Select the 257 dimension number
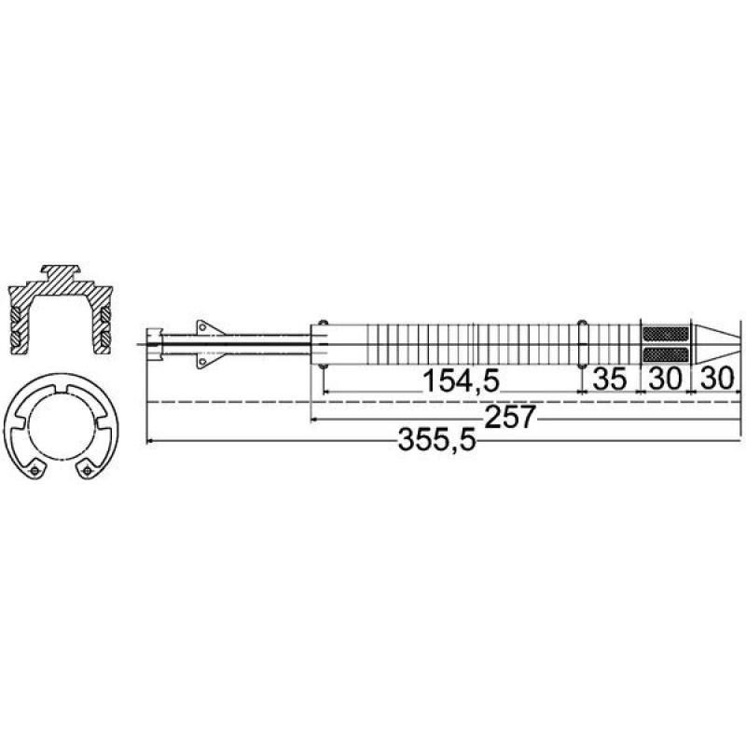click(509, 417)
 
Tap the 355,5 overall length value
click(436, 439)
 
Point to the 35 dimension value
click(611, 380)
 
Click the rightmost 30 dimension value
click(718, 380)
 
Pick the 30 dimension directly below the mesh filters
click(665, 380)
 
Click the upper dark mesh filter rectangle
click(666, 334)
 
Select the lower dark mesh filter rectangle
click(666, 354)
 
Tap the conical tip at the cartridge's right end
click(715, 344)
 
